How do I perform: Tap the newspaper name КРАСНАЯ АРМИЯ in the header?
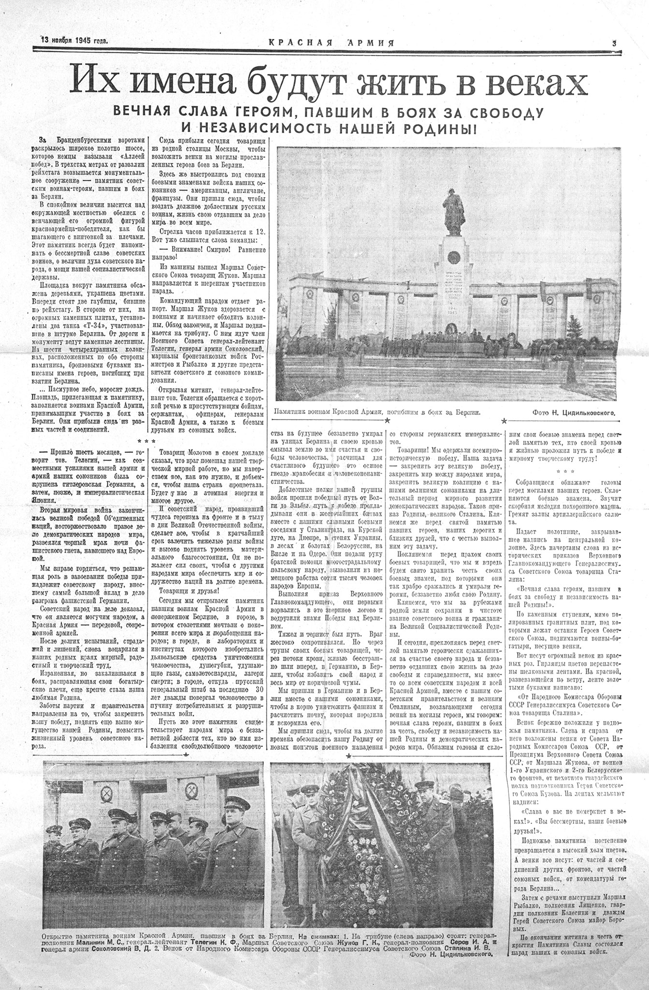pyautogui.click(x=332, y=42)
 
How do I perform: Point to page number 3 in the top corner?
pyautogui.click(x=614, y=43)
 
